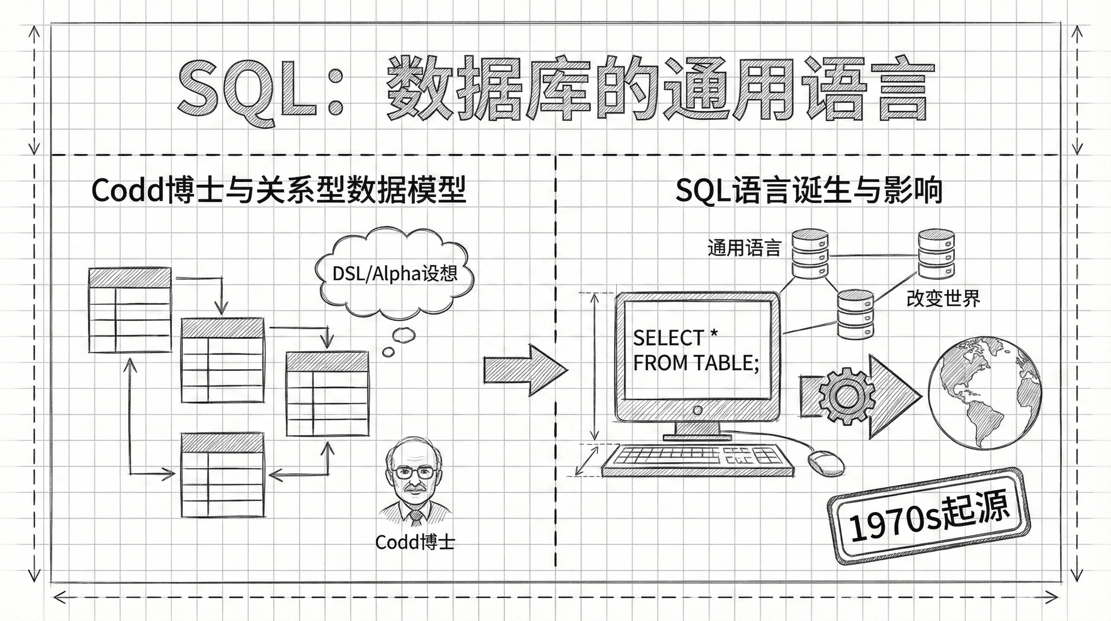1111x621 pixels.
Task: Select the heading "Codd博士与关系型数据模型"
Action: [x=278, y=190]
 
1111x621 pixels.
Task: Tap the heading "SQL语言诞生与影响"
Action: [x=808, y=190]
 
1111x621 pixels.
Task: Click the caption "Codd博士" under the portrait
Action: [x=415, y=542]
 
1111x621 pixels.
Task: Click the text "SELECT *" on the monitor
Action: [x=675, y=337]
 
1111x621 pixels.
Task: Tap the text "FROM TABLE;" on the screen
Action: [x=696, y=363]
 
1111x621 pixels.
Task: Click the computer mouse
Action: [x=825, y=462]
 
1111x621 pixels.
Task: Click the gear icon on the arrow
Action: [x=846, y=396]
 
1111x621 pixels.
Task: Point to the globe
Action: [x=984, y=394]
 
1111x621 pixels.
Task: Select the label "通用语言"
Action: [x=744, y=249]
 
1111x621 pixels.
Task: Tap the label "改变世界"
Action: [x=943, y=299]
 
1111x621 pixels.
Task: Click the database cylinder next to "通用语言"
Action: [x=810, y=254]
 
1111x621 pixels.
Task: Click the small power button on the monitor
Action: [x=697, y=410]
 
